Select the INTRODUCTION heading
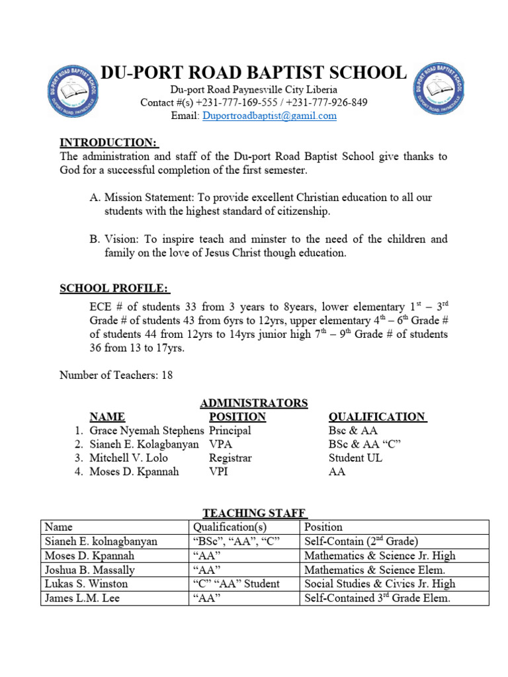pyautogui.click(x=108, y=142)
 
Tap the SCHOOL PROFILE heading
pyautogui.click(x=114, y=288)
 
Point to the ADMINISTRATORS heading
pyautogui.click(x=254, y=403)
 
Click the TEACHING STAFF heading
pyautogui.click(x=254, y=512)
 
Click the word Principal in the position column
pyautogui.click(x=230, y=430)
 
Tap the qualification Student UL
pyautogui.click(x=355, y=458)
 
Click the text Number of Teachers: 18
pyautogui.click(x=116, y=375)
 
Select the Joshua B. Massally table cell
pyautogui.click(x=89, y=570)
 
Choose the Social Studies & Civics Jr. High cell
pyautogui.click(x=380, y=584)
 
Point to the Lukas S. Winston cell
pyautogui.click(x=86, y=584)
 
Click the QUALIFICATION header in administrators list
pyautogui.click(x=377, y=417)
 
